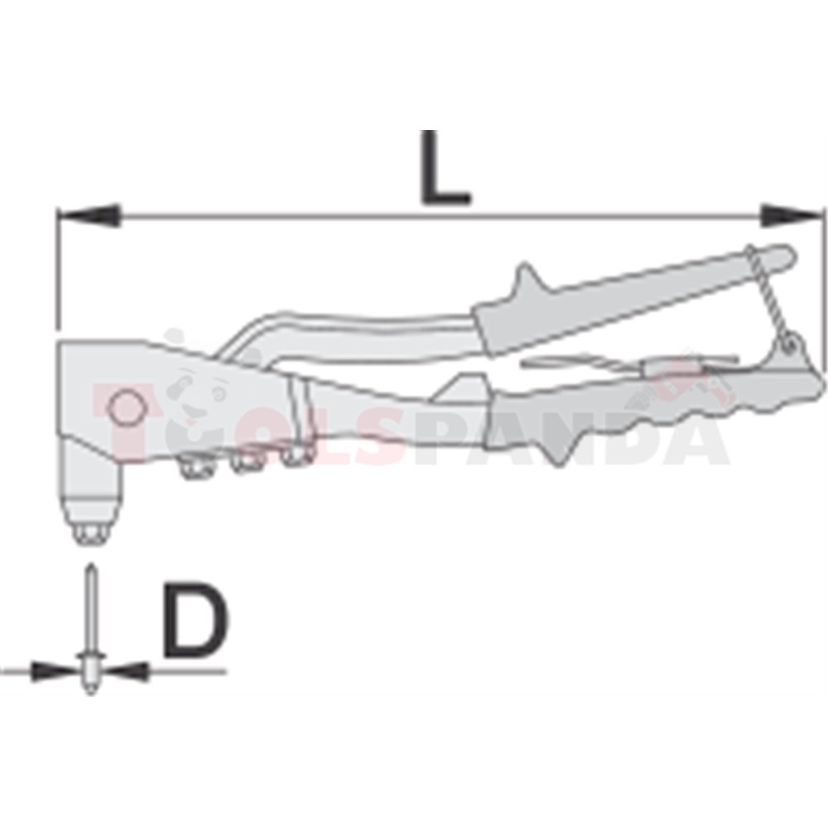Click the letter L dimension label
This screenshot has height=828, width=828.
click(445, 167)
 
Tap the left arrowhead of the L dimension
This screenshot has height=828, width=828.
click(89, 215)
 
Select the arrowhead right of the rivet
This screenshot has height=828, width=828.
click(126, 672)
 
